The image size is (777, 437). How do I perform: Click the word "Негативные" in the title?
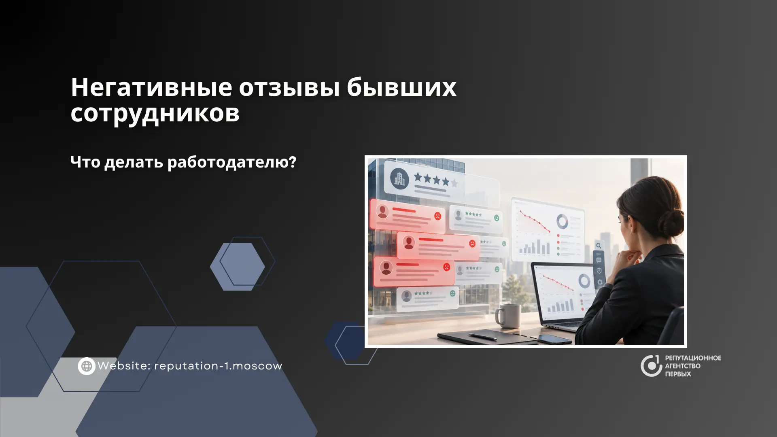tap(151, 87)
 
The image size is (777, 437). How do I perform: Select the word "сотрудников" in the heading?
tap(155, 113)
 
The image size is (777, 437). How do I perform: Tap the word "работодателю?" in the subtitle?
tap(232, 163)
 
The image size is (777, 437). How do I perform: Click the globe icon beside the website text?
tap(87, 366)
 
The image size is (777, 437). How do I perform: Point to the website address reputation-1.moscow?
tap(218, 366)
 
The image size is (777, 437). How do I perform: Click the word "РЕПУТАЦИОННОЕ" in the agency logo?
tap(693, 358)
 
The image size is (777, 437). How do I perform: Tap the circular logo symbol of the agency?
tap(651, 366)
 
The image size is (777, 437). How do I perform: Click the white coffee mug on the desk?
tap(508, 316)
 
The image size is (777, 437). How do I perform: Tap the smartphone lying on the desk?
tap(554, 339)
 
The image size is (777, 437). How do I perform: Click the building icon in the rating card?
tap(399, 178)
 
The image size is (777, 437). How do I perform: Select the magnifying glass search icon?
tap(599, 246)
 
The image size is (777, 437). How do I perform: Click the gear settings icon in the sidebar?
tap(599, 282)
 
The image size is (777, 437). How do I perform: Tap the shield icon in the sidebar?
tap(599, 271)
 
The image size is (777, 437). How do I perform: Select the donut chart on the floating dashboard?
tap(562, 221)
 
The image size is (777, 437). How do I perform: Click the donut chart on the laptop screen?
tap(584, 281)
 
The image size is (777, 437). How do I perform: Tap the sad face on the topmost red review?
tap(437, 216)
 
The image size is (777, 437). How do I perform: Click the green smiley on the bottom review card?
tap(452, 293)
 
